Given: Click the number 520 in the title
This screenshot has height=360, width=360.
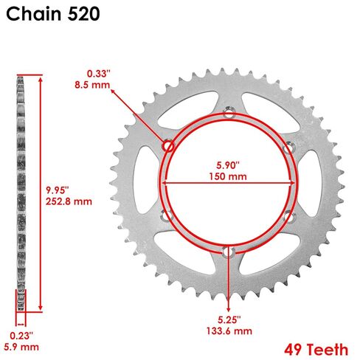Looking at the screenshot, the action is coord(83,14).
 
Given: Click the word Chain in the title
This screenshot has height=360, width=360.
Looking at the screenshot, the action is coord(34,14).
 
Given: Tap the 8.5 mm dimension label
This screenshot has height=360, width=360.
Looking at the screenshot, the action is coord(92,85).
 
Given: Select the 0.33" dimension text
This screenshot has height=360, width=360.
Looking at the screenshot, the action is coord(99,74).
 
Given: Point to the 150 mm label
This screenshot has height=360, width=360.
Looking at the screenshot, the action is coord(228,176).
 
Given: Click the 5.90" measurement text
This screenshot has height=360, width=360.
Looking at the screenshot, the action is coord(228,165).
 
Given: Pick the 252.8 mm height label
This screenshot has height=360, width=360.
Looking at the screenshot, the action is coord(69,201).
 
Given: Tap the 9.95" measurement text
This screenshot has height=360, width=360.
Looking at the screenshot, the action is coord(58,190).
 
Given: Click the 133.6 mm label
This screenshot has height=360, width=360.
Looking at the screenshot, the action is coord(229,331).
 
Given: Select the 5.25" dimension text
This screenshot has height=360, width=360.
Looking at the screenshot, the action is coord(229,319).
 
